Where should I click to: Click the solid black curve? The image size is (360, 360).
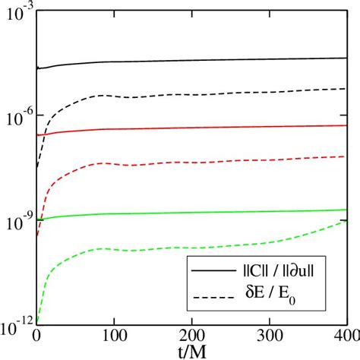tap(190, 60)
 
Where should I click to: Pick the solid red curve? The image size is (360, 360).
tap(190, 128)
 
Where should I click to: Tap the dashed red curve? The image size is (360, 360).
tap(190, 163)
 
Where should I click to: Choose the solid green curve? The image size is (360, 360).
tap(190, 213)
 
